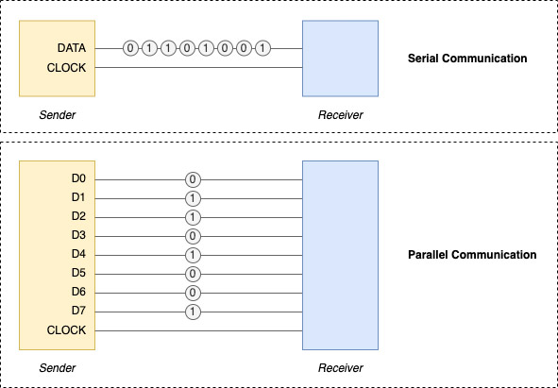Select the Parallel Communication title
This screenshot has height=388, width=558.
pos(472,255)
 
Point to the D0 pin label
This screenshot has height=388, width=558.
pos(78,178)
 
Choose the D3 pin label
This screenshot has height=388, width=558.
pos(78,235)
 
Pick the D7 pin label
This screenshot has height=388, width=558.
pos(78,311)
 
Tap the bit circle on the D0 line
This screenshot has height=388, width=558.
pos(194,179)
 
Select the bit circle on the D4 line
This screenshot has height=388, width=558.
pos(194,255)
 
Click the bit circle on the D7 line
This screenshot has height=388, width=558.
pos(194,312)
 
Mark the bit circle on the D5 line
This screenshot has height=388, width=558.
pos(194,274)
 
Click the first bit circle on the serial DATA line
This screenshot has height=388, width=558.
pos(130,47)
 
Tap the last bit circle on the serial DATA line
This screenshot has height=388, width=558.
pos(262,47)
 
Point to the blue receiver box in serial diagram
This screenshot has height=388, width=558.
pos(340,59)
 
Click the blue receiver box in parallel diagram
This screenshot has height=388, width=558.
pos(340,255)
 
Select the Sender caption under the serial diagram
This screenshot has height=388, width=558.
pos(58,115)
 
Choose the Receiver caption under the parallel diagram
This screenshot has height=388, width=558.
pos(340,367)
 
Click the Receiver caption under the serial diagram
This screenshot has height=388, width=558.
pos(340,115)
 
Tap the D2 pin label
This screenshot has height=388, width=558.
pos(78,216)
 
